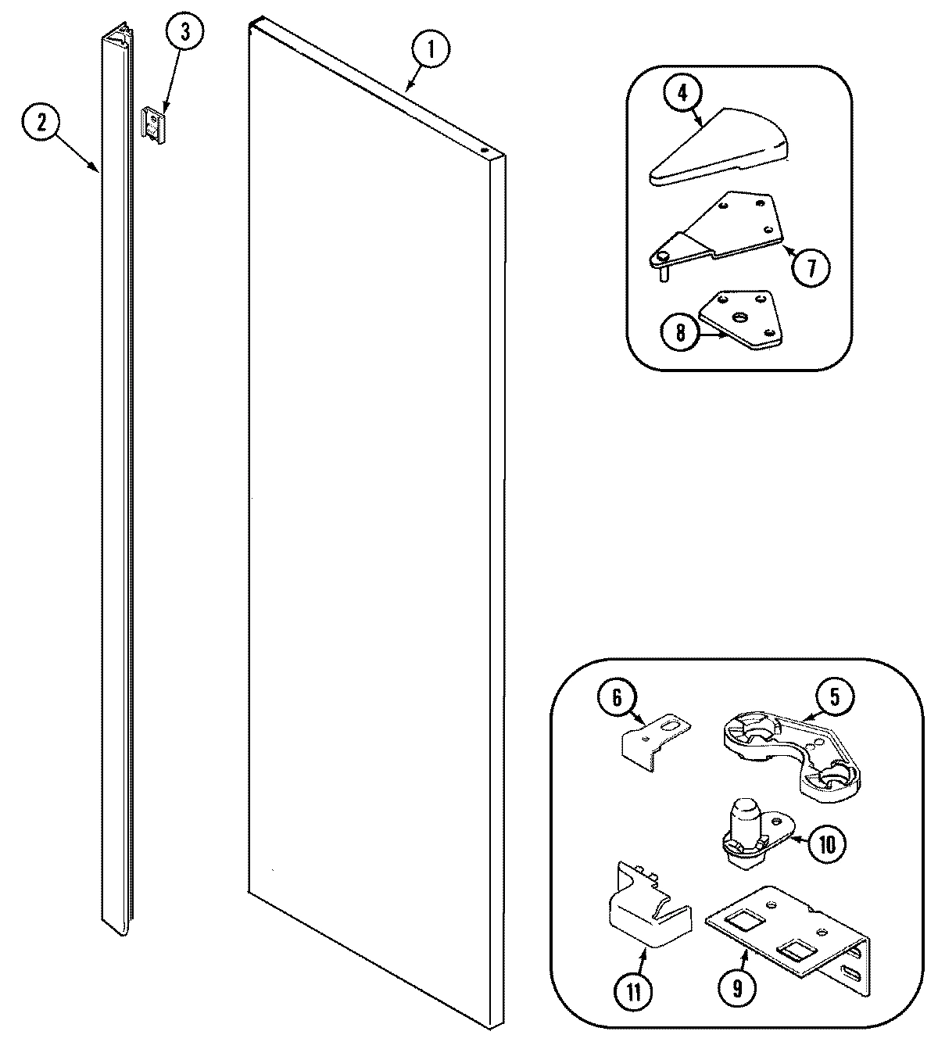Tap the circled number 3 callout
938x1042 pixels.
(x=184, y=33)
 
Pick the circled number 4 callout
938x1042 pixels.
(x=682, y=93)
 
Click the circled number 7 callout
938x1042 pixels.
(x=810, y=268)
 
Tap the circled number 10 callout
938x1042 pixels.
(x=827, y=843)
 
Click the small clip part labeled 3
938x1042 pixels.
(x=155, y=124)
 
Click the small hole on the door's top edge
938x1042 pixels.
(x=484, y=148)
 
